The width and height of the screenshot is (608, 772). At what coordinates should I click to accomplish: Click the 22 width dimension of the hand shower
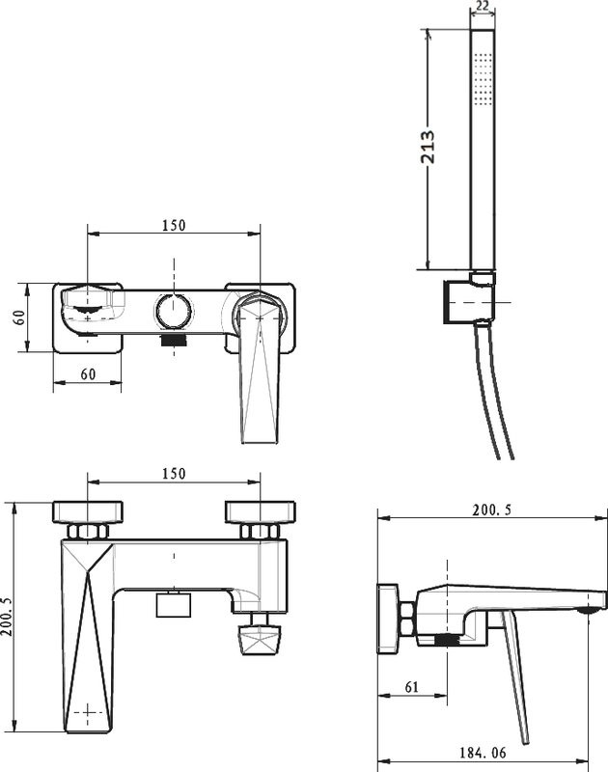[483, 6]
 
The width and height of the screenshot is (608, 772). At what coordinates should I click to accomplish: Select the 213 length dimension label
[428, 147]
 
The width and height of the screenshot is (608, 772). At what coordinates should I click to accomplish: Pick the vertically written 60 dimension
[19, 317]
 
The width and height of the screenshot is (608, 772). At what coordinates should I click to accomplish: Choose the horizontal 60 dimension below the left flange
[88, 374]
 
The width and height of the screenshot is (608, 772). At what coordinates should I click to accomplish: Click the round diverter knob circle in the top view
[174, 311]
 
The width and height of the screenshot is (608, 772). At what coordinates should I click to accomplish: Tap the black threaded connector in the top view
[174, 340]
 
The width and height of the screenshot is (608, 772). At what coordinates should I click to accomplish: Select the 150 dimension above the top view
[174, 225]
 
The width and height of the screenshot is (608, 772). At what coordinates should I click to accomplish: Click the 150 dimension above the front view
[174, 474]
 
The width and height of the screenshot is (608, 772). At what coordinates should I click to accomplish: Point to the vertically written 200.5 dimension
[7, 617]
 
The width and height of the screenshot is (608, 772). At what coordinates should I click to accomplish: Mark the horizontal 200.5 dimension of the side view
[492, 510]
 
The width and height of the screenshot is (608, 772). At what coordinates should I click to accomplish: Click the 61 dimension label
[411, 686]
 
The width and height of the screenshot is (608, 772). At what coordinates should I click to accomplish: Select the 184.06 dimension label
[483, 753]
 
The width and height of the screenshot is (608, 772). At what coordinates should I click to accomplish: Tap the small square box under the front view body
[174, 605]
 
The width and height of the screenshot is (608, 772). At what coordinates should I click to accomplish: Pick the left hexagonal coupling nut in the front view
[88, 532]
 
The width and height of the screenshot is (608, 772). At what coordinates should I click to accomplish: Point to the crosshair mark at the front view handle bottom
[88, 712]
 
